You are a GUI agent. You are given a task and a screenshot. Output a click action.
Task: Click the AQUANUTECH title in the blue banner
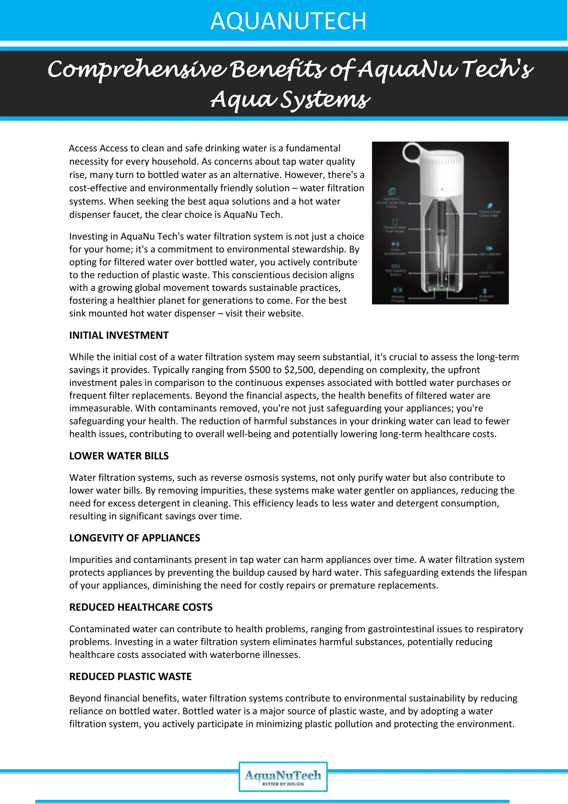tap(288, 21)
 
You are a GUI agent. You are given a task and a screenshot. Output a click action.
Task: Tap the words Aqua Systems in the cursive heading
tap(290, 99)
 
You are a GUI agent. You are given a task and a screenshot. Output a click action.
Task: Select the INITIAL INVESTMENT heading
tap(119, 335)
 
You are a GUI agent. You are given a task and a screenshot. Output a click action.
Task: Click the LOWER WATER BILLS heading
tap(119, 456)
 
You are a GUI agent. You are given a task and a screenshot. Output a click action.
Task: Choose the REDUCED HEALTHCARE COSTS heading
tap(141, 607)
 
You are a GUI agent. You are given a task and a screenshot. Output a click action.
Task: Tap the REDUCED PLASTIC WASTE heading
tap(130, 676)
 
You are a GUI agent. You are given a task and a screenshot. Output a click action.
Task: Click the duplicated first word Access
tap(83, 148)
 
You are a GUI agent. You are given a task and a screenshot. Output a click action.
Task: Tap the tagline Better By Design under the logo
tap(283, 784)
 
